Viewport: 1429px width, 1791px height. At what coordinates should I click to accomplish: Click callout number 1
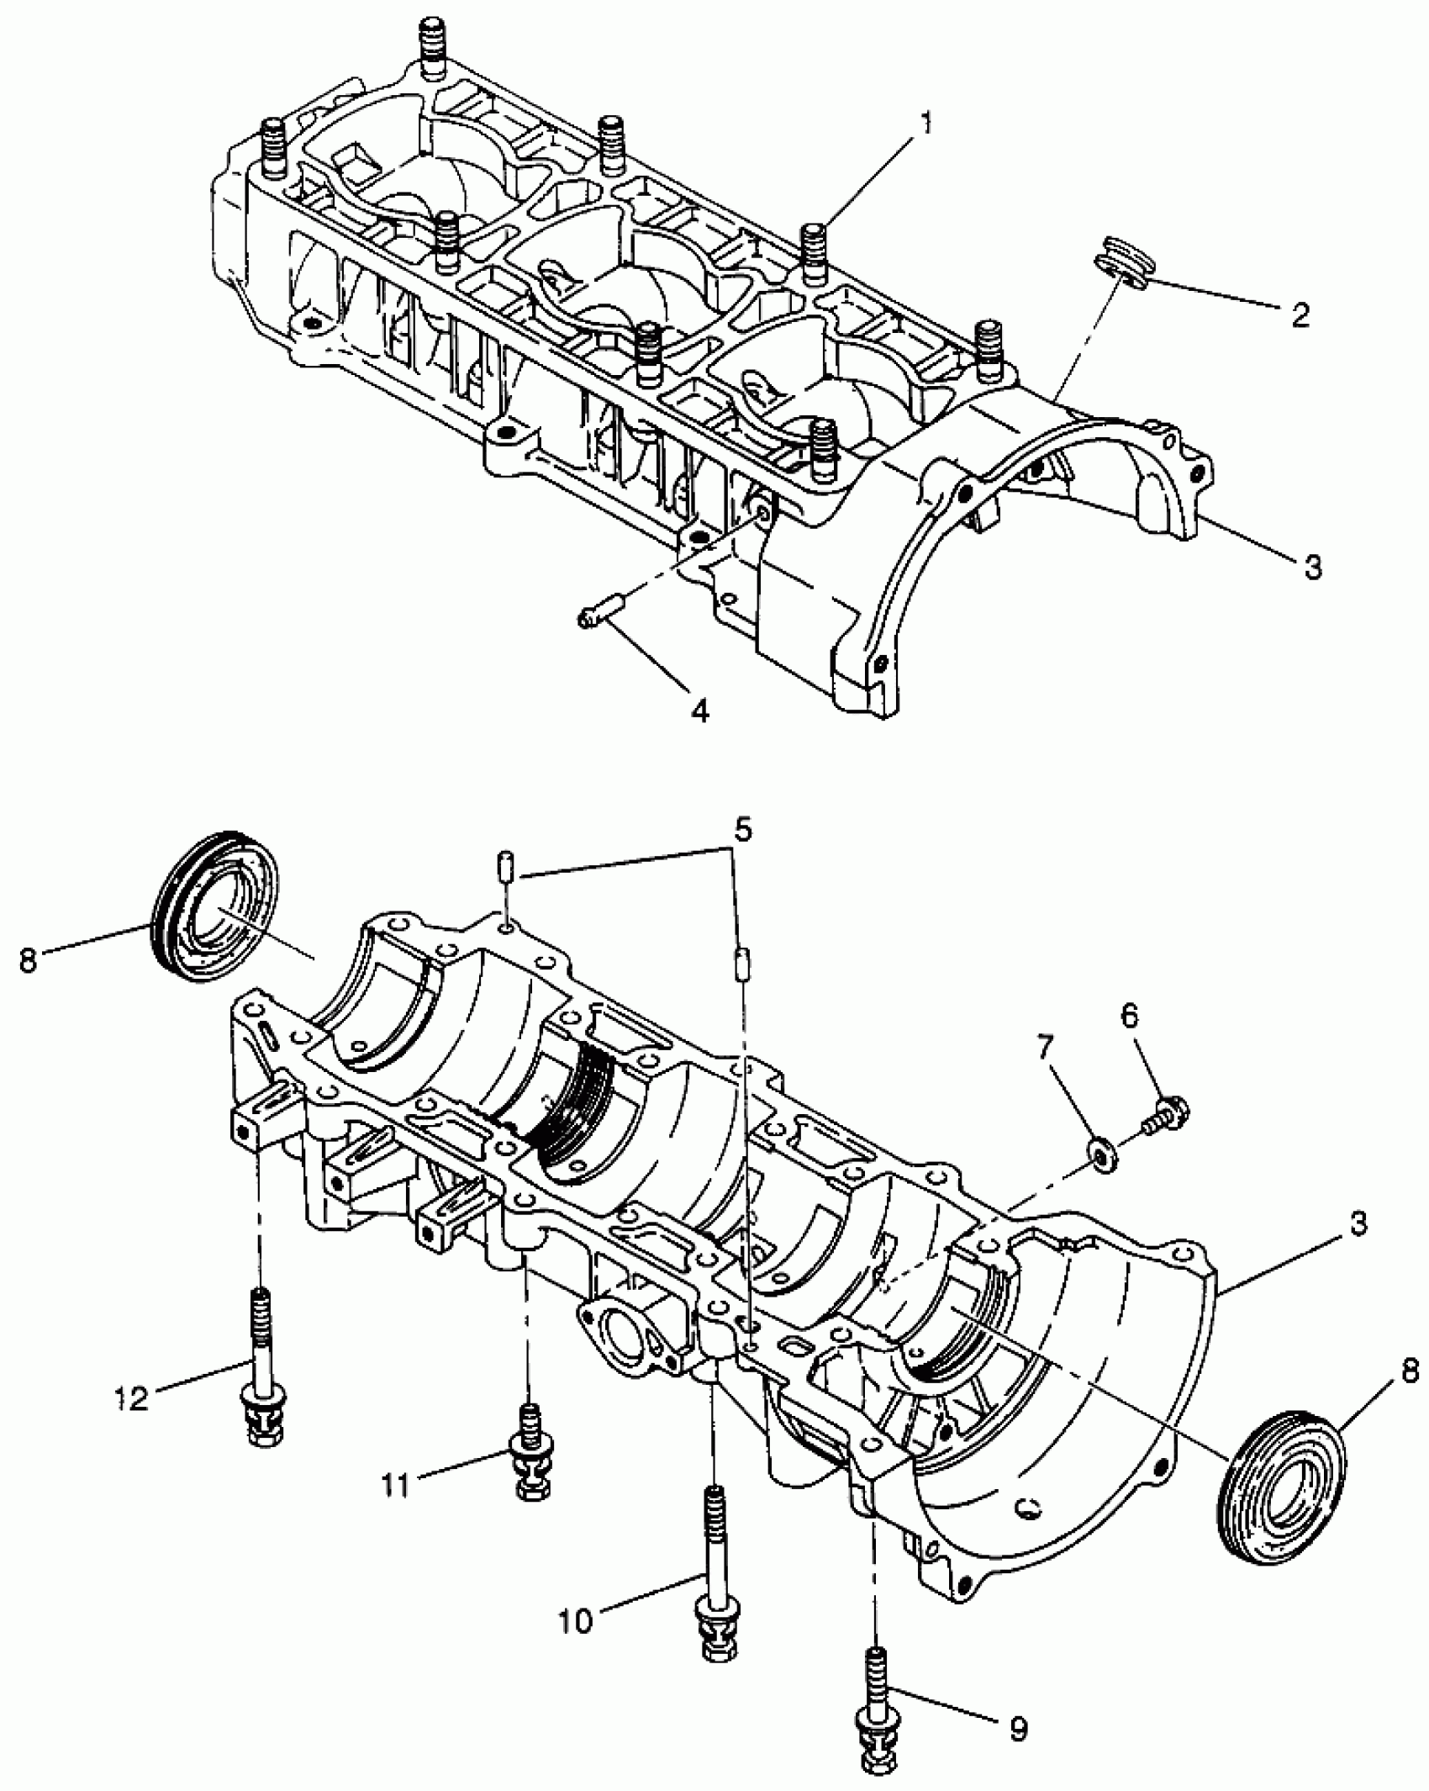click(925, 124)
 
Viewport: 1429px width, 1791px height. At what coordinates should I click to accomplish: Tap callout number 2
click(1300, 315)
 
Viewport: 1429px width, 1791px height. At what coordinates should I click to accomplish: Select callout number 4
click(699, 711)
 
